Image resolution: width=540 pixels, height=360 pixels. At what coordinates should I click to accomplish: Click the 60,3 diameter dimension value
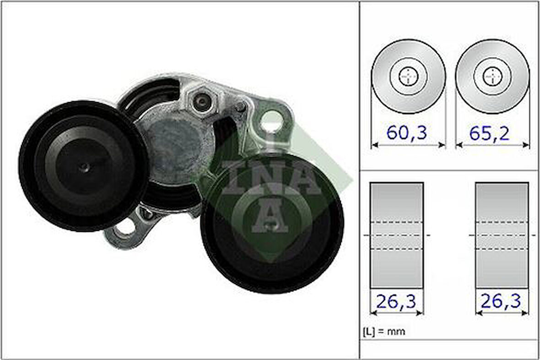click(406, 132)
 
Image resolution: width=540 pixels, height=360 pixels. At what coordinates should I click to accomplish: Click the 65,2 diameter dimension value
click(490, 132)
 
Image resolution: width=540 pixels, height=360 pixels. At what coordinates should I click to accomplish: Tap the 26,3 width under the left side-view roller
click(396, 301)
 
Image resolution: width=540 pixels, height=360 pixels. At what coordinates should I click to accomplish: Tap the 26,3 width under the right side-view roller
click(502, 301)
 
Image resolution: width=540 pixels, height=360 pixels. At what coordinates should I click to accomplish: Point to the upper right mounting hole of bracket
click(271, 120)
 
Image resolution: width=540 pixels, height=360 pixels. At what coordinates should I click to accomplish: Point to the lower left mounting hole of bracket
click(124, 229)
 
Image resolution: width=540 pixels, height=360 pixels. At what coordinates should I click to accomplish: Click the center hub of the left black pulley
click(84, 168)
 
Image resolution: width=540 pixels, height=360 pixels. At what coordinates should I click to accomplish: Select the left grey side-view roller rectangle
click(396, 235)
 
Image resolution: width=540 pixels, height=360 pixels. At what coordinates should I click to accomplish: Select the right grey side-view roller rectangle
click(502, 235)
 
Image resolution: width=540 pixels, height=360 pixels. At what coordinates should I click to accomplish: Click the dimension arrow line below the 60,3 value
click(408, 145)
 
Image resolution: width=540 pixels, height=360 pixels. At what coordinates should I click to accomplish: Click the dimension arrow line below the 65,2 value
click(492, 145)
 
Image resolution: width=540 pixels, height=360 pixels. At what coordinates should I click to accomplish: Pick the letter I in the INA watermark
click(231, 178)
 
